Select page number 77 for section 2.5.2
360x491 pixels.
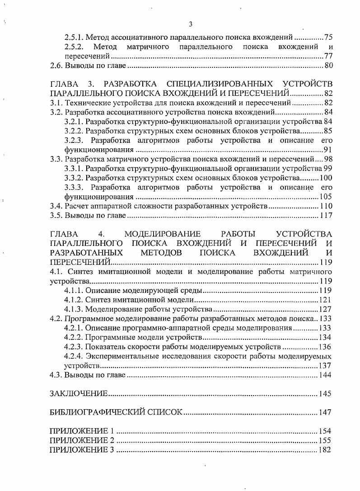point(328,57)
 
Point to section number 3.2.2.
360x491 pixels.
point(74,131)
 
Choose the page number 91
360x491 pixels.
point(328,150)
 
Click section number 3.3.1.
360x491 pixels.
point(74,169)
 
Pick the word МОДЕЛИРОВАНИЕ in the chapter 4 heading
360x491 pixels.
point(162,234)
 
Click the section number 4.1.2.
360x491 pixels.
point(74,299)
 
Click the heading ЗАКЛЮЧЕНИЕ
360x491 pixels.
point(78,394)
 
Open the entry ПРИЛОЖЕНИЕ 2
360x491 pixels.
point(81,440)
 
